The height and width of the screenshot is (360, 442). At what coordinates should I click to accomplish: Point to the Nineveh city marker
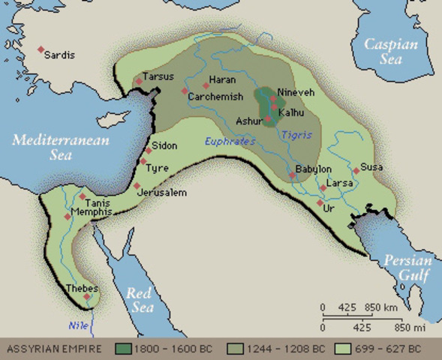272,97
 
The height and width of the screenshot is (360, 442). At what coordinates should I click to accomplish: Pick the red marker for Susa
356,170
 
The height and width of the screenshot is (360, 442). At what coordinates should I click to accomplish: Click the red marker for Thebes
87,297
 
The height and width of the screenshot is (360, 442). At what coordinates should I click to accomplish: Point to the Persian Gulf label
407,268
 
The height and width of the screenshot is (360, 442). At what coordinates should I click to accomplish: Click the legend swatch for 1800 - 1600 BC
124,349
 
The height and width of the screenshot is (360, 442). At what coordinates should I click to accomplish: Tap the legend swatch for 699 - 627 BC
345,349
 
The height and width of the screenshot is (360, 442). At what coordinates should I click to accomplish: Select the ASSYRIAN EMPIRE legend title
52,349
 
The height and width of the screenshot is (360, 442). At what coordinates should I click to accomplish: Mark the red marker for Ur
320,202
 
